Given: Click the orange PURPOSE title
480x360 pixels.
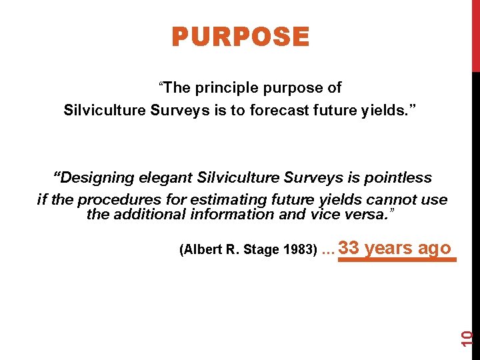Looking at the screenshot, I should pos(240,37).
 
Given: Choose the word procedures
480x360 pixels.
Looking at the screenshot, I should pos(113,199).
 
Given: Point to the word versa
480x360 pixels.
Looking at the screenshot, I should pos(373,214).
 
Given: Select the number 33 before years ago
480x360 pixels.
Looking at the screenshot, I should pos(349,248).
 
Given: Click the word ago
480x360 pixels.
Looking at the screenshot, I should pos(434,248).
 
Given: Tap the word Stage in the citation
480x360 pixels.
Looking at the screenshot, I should pos(260,250).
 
